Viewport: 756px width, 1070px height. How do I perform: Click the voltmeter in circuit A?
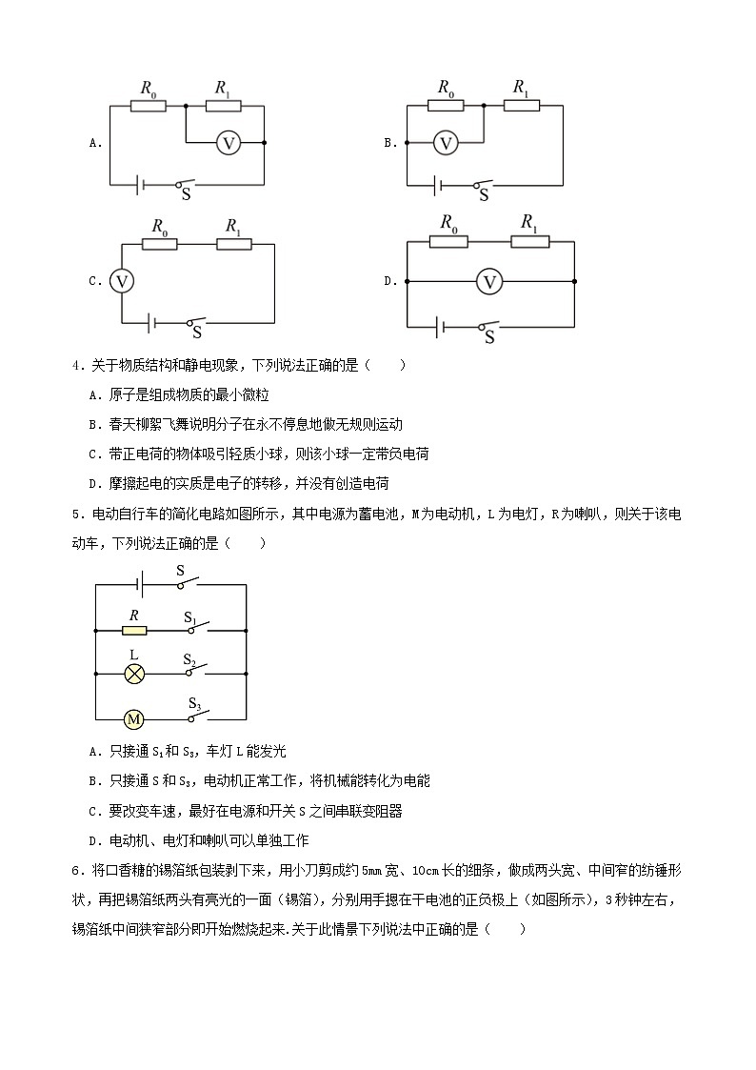(x=228, y=143)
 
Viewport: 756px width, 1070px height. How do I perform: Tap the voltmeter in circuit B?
(x=446, y=143)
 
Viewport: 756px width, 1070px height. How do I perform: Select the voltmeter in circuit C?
(x=121, y=281)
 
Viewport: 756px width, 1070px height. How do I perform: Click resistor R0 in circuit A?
(x=148, y=105)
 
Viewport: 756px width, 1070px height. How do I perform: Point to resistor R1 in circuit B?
(x=521, y=104)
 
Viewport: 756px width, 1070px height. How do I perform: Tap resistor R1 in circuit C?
(x=233, y=244)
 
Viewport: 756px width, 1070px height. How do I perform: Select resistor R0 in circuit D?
(x=448, y=241)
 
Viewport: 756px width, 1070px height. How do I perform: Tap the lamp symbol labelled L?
(x=134, y=674)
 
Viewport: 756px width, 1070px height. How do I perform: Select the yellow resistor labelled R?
(x=134, y=630)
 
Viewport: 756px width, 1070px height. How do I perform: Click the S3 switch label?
(x=194, y=704)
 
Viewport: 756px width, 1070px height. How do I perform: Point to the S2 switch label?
(x=190, y=659)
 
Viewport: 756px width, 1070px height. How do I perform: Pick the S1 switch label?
(x=190, y=616)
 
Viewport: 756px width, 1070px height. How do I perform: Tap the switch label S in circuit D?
(x=490, y=336)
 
